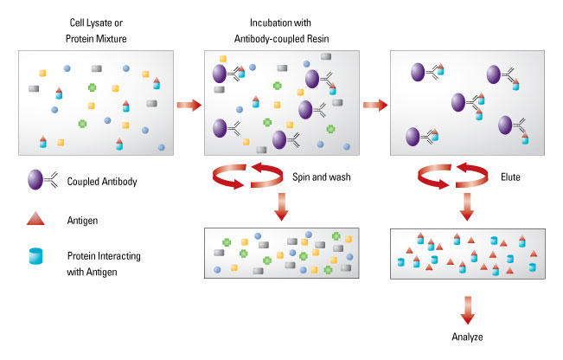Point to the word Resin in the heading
317,38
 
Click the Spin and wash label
322,177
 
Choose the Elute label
510,177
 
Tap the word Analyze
467,337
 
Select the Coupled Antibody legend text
102,182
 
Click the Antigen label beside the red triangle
82,220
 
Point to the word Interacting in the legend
115,256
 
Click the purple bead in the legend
35,180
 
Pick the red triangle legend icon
35,218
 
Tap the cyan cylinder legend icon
35,256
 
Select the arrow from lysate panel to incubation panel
189,105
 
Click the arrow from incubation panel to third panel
375,105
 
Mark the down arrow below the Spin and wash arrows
282,207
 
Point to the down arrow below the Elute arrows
467,207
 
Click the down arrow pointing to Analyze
467,310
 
